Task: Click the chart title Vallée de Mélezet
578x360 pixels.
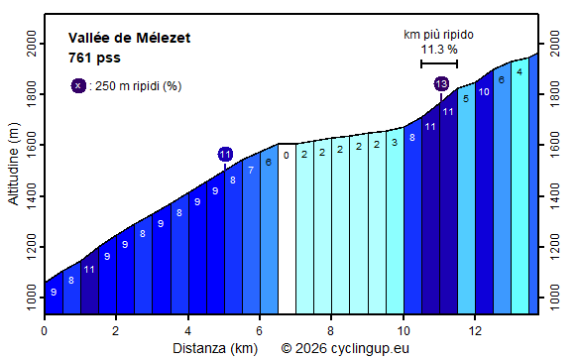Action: (130, 38)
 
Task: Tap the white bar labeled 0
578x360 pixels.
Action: (287, 228)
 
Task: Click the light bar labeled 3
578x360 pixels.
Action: (394, 223)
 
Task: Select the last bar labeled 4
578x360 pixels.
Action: (520, 183)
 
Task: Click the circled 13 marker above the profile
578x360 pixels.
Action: (441, 84)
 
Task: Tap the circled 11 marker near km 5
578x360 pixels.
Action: (225, 154)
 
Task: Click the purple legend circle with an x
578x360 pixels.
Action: (78, 85)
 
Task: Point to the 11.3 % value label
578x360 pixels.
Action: (438, 49)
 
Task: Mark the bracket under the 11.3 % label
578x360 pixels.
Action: (438, 63)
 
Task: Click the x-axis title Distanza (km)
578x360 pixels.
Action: (215, 348)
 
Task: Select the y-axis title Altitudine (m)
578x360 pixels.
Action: (13, 164)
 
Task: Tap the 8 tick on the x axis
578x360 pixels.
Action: (331, 330)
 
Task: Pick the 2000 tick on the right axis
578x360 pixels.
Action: (552, 45)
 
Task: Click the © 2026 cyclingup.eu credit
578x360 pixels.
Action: (344, 348)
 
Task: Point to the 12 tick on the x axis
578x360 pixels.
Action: (475, 330)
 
